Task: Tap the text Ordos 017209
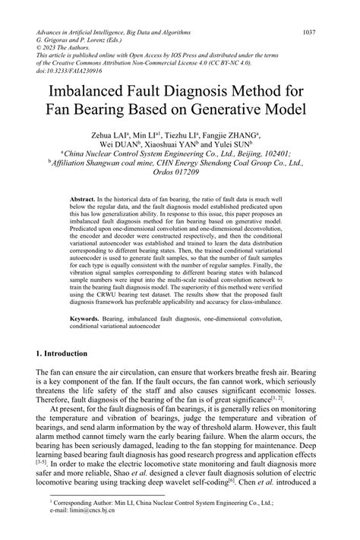[x=180, y=172]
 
